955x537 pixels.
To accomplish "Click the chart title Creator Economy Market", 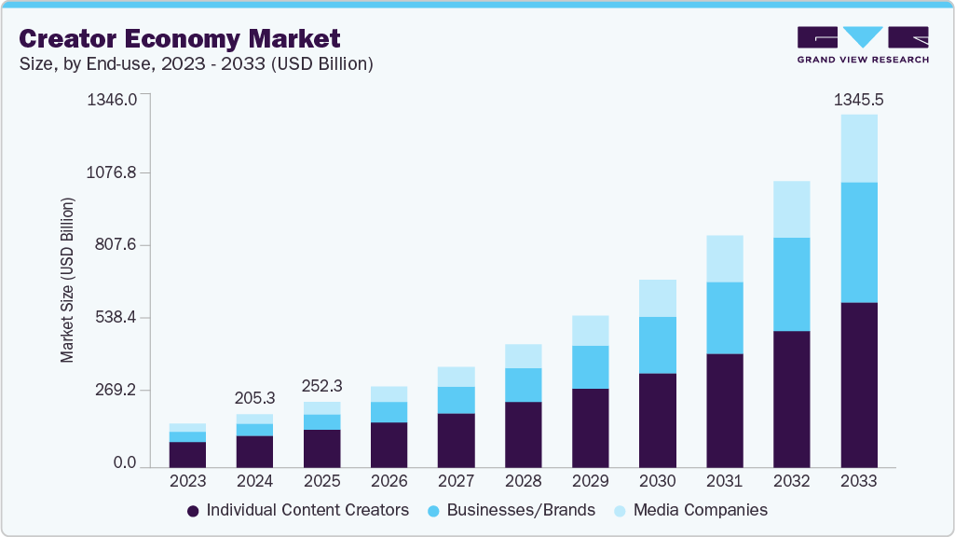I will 180,38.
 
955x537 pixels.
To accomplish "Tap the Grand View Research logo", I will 862,45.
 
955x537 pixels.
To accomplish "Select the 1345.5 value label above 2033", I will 858,99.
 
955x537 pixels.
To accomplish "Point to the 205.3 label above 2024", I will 254,397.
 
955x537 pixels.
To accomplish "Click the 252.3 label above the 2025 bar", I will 321,385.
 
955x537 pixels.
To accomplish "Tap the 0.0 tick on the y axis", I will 125,463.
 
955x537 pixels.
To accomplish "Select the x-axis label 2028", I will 523,481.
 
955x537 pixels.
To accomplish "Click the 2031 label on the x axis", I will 724,481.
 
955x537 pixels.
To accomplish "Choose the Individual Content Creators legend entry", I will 298,510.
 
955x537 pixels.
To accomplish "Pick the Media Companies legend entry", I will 690,510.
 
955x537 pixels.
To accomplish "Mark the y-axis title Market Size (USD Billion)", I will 67,281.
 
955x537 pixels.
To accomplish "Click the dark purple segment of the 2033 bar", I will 858,384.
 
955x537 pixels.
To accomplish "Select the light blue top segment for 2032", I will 791,209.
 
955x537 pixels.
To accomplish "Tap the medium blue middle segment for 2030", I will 657,345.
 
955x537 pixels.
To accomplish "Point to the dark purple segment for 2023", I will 187,454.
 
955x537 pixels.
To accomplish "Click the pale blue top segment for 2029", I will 590,330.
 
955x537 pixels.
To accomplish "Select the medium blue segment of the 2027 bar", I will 456,400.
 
